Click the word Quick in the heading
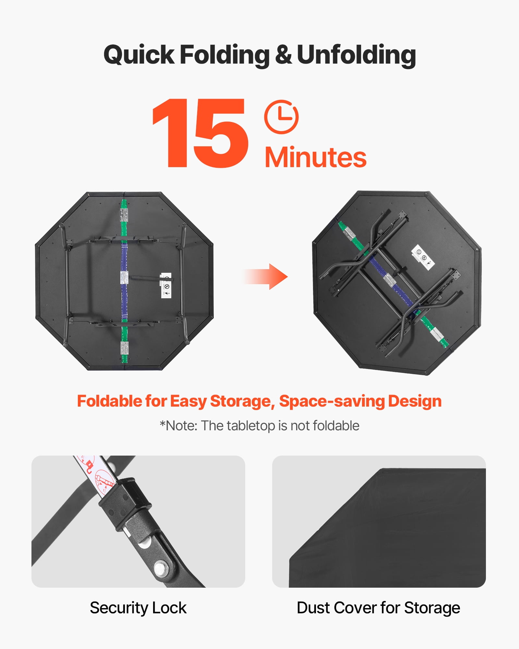[139, 55]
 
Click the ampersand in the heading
[283, 55]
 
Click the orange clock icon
[281, 117]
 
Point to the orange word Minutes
[316, 157]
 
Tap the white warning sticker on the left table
[166, 286]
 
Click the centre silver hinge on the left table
[124, 277]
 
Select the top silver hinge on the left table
[124, 215]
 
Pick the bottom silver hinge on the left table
[124, 348]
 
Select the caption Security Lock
[138, 608]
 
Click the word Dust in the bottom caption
[313, 608]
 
